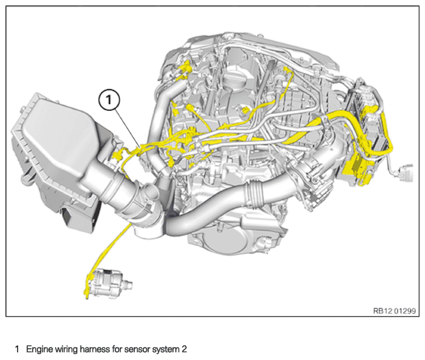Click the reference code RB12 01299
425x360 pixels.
coord(394,310)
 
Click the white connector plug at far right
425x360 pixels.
coord(411,170)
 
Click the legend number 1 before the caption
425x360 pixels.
coord(17,349)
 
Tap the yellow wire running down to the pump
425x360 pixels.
coord(103,254)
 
